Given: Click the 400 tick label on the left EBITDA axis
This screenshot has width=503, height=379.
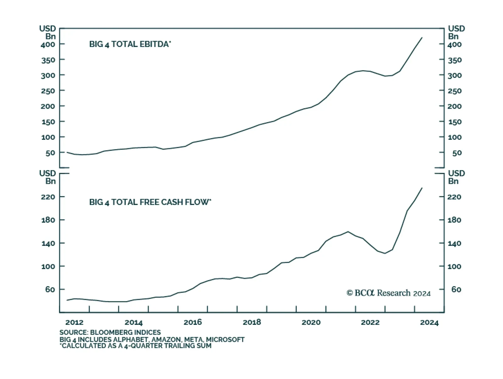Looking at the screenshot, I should pyautogui.click(x=48, y=44).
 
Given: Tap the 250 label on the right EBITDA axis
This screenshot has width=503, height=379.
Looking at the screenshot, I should pyautogui.click(x=455, y=91).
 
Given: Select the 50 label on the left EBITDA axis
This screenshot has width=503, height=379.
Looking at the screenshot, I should pyautogui.click(x=50, y=153).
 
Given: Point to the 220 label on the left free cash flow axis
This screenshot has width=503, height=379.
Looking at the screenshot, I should pyautogui.click(x=48, y=197).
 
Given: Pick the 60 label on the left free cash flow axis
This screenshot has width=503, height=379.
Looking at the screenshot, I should pyautogui.click(x=50, y=290).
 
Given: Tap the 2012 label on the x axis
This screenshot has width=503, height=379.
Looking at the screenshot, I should pyautogui.click(x=75, y=322).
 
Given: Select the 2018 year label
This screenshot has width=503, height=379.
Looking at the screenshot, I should pyautogui.click(x=252, y=322).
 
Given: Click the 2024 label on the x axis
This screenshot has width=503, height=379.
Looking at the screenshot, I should pyautogui.click(x=429, y=322).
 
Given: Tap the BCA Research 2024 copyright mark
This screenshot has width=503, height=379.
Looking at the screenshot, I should pyautogui.click(x=389, y=293).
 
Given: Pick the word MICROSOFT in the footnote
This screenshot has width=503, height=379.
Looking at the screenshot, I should pyautogui.click(x=225, y=340).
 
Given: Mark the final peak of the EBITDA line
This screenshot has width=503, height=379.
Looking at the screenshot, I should pyautogui.click(x=422, y=37).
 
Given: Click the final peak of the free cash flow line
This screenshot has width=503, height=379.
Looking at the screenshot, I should pyautogui.click(x=422, y=188).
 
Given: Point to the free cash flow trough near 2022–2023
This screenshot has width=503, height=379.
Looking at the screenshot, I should pyautogui.click(x=385, y=253).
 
